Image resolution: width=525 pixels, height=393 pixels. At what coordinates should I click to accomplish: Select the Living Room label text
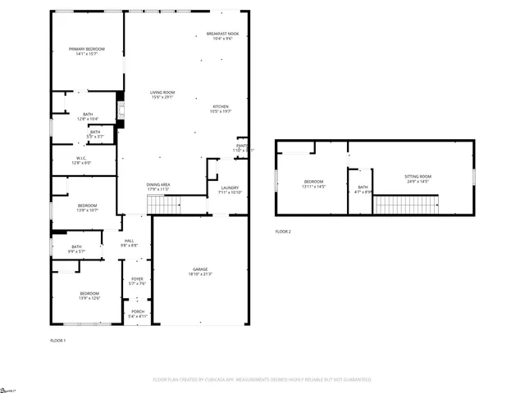pos(162,95)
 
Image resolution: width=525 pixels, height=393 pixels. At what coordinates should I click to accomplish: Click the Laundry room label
pos(229,189)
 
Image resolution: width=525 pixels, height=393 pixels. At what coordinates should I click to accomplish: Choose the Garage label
pos(200,271)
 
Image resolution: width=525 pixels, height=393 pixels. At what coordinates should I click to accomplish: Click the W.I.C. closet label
pos(82,160)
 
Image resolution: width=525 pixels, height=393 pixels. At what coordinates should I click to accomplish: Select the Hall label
pos(129,242)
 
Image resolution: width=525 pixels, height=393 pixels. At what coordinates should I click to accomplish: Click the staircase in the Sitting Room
pos(406,204)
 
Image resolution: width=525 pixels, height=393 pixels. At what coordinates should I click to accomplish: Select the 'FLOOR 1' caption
pos(58,340)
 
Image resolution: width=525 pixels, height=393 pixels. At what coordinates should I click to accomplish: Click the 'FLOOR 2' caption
pos(283,232)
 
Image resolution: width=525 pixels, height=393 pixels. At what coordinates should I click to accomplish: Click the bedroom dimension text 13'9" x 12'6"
pos(89,298)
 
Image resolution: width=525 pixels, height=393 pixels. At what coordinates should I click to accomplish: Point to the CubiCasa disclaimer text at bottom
pos(262,380)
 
